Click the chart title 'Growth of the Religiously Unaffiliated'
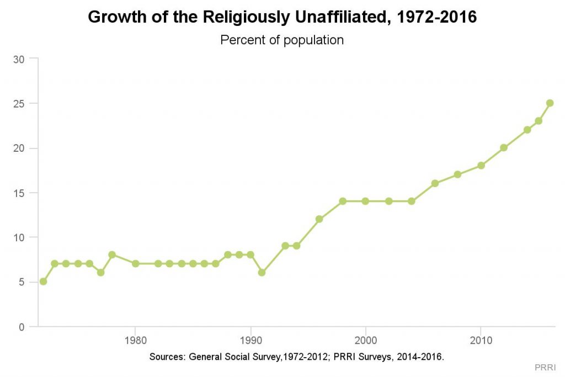[x=282, y=17]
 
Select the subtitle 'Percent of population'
[x=282, y=40]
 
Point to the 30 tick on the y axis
[x=18, y=59]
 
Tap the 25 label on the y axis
[x=18, y=104]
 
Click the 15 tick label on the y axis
[x=18, y=193]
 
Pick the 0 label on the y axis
[x=21, y=327]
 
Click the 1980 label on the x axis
[x=135, y=338]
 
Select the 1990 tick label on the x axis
[x=250, y=338]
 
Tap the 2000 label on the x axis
[x=365, y=338]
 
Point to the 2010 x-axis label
[x=481, y=338]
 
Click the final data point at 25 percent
[x=550, y=103]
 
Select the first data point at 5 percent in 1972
[x=43, y=282]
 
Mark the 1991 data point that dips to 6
[x=262, y=273]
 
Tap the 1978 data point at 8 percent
[x=112, y=255]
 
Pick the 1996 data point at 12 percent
[x=319, y=219]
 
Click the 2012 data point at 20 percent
[x=504, y=148]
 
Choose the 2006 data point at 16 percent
[x=435, y=183]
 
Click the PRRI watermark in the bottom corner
[x=545, y=367]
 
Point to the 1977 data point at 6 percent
[x=100, y=273]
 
